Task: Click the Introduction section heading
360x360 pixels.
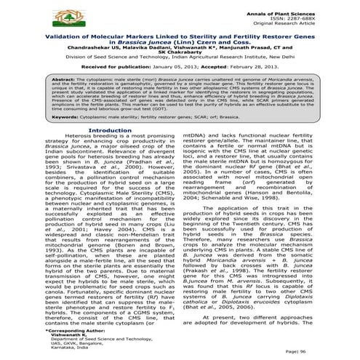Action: tap(108, 151)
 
